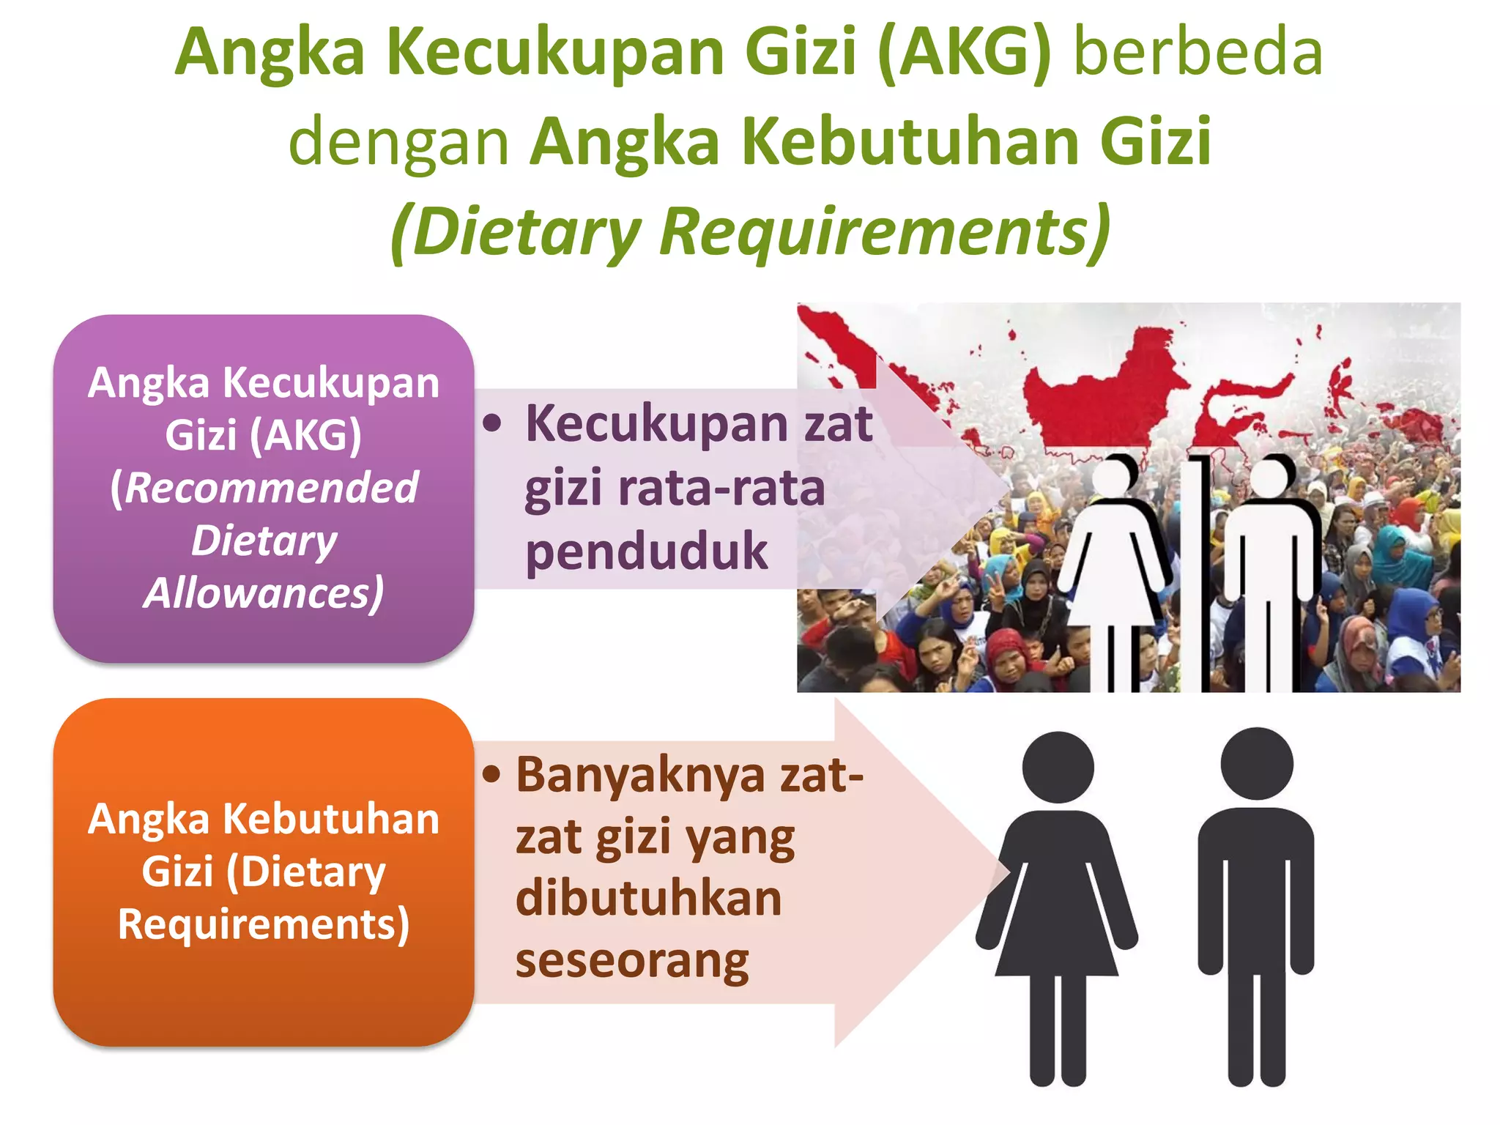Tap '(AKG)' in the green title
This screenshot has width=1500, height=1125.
[964, 53]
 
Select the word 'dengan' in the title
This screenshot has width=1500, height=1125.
[398, 142]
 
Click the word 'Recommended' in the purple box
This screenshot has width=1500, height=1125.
[271, 488]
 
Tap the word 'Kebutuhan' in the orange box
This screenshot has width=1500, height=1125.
[331, 819]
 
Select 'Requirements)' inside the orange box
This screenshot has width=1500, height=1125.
[264, 924]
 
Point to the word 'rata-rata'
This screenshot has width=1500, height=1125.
[721, 489]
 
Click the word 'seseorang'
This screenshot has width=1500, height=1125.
[632, 961]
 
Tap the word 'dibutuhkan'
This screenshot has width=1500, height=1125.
[649, 899]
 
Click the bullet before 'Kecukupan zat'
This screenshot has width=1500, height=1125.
[493, 423]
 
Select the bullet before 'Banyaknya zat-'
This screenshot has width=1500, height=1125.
[492, 774]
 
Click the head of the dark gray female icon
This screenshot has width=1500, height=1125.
[1058, 768]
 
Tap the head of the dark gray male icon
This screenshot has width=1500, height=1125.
[1257, 763]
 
